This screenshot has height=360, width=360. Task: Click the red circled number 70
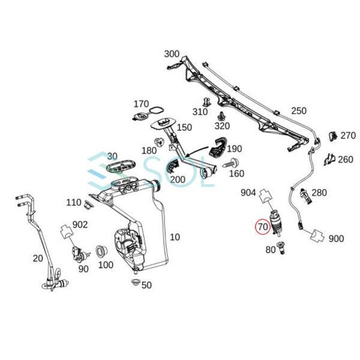[263, 227]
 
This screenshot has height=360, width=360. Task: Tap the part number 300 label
[172, 54]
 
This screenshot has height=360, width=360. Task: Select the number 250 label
[298, 110]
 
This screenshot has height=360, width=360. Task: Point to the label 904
[248, 193]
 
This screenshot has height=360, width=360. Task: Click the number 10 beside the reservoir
[175, 237]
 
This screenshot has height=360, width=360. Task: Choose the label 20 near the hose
[37, 258]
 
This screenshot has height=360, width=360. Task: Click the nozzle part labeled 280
[304, 194]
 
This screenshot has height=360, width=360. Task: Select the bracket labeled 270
[332, 137]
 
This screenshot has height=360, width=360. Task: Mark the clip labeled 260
[328, 159]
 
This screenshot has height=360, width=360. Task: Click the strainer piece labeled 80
[279, 247]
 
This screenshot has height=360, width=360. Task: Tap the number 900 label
[336, 238]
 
